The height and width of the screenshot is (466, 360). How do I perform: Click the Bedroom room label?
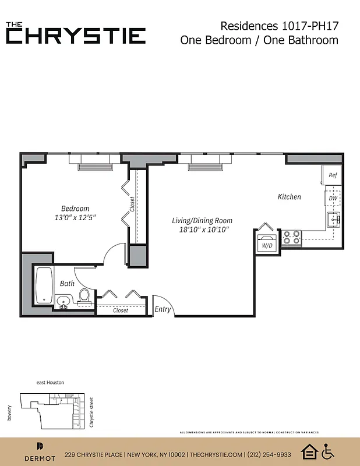[x=75, y=209]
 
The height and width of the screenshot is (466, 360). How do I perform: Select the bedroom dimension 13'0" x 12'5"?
[x=75, y=218]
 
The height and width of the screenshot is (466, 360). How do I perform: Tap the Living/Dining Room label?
[x=202, y=220]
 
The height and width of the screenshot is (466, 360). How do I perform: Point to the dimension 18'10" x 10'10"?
[x=202, y=230]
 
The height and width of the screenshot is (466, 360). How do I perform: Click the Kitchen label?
[x=289, y=197]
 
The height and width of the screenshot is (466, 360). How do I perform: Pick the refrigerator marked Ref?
[x=332, y=175]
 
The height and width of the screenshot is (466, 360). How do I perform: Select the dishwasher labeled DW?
[x=333, y=198]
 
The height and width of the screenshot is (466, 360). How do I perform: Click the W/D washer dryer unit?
[x=267, y=243]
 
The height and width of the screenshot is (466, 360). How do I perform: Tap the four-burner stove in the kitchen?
[x=291, y=237]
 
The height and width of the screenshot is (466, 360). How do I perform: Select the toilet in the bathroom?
[x=84, y=296]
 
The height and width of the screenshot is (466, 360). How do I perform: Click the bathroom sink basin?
[x=63, y=302]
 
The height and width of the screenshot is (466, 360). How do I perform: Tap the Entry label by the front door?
[x=163, y=309]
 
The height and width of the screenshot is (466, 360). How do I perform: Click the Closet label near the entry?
[x=121, y=310]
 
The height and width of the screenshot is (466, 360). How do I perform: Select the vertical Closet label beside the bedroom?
[x=132, y=204]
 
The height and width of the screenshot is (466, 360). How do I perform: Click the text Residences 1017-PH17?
[x=279, y=26]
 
